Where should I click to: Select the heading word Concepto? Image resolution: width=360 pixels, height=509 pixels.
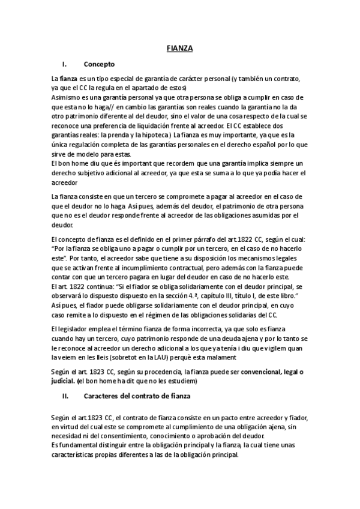tap(99, 64)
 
